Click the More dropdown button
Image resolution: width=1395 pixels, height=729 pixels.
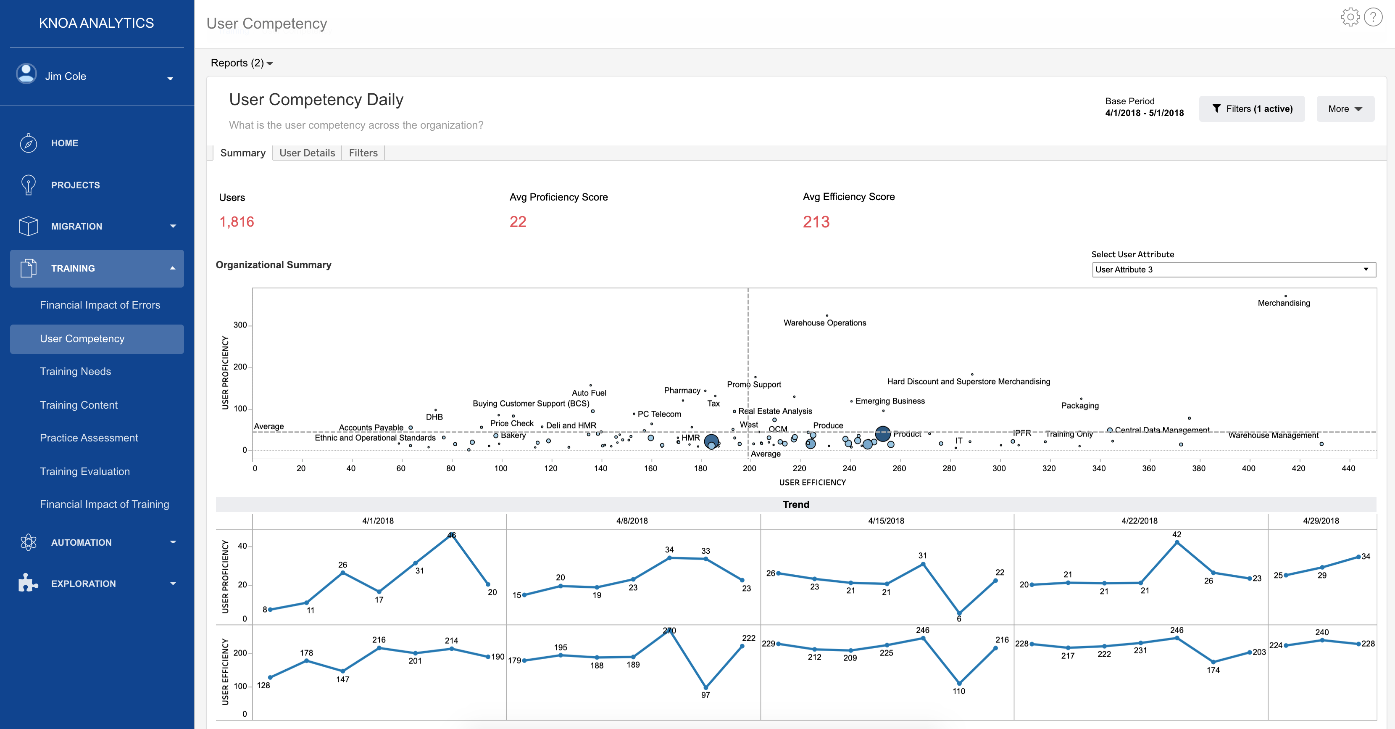pos(1345,109)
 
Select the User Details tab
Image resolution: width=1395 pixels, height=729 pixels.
pos(307,153)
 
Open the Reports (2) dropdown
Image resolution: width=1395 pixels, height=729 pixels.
pos(242,63)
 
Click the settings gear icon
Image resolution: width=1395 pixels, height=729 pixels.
pos(1350,17)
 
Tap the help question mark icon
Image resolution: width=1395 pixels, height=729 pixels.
pos(1373,17)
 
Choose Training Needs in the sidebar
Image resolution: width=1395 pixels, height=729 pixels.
pos(75,372)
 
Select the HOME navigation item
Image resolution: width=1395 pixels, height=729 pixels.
pos(64,143)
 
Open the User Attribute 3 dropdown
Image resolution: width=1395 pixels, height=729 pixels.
pos(1233,269)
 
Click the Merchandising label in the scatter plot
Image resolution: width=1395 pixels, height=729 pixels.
pos(1284,303)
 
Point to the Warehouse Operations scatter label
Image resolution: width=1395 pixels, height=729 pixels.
pos(824,323)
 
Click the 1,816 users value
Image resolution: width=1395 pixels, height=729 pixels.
pos(237,222)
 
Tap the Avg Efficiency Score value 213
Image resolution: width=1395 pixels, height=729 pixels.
pos(816,222)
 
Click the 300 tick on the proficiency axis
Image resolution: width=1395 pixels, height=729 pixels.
pos(240,325)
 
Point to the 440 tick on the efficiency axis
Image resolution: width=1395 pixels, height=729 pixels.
pos(1348,468)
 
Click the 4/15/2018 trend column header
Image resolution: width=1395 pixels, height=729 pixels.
pos(886,521)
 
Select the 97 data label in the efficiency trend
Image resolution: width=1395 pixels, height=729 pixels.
pos(705,695)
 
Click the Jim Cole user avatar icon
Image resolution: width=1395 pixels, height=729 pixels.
pos(26,74)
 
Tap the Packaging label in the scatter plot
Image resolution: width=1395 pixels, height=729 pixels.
pos(1079,406)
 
